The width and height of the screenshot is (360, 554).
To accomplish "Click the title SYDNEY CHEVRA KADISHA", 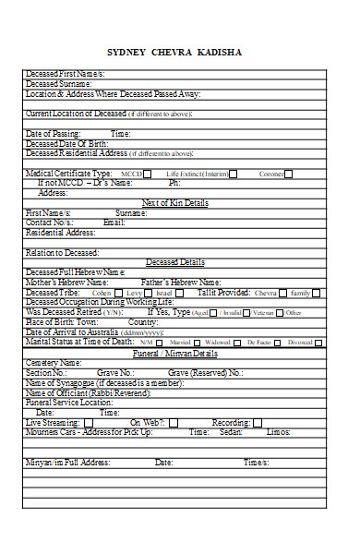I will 174,52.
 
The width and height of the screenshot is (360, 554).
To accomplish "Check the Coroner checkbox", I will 291,174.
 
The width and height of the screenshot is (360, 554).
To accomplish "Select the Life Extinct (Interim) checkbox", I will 234,174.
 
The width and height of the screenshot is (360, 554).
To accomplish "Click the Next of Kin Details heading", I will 174,202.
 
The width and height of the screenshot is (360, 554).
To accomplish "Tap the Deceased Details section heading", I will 174,262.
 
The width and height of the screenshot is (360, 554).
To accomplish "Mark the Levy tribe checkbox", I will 150,293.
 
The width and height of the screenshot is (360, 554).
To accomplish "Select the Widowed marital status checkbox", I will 237,343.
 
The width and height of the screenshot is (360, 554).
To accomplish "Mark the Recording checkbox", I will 254,422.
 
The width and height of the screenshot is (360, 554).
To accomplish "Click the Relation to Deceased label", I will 63,252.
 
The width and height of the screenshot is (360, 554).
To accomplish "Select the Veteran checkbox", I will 279,313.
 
